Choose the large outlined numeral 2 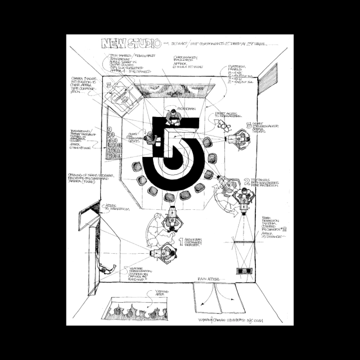247,181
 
